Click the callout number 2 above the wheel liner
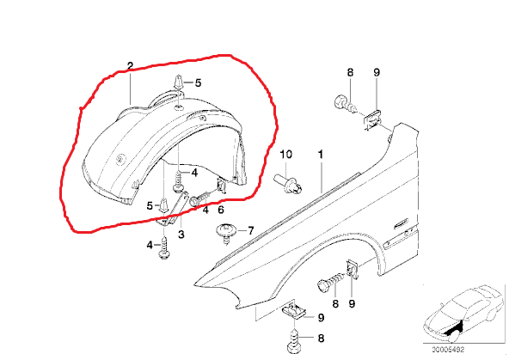pyautogui.click(x=130, y=66)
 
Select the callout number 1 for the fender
pyautogui.click(x=321, y=154)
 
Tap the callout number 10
pyautogui.click(x=286, y=154)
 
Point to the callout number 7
pyautogui.click(x=250, y=230)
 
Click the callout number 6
pyautogui.click(x=221, y=210)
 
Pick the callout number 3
pyautogui.click(x=181, y=234)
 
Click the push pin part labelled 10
pyautogui.click(x=288, y=184)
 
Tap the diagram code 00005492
pyautogui.click(x=448, y=350)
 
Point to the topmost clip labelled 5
pyautogui.click(x=178, y=82)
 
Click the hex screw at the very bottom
pyautogui.click(x=295, y=341)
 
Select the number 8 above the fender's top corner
pyautogui.click(x=350, y=72)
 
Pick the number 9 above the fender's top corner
pyautogui.click(x=377, y=72)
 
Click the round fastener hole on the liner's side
pyautogui.click(x=121, y=159)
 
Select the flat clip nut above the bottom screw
pyautogui.click(x=294, y=312)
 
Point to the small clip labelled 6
pyautogui.click(x=222, y=186)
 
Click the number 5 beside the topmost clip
pyautogui.click(x=198, y=82)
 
